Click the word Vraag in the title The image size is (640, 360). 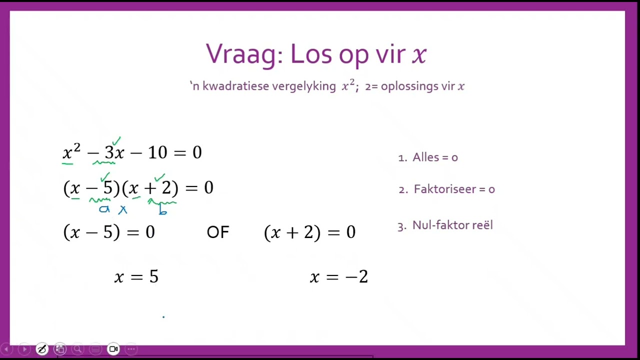[x=241, y=54]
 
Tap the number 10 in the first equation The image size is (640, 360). [x=157, y=152]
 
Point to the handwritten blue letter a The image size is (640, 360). [x=104, y=209]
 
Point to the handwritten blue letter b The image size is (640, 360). [x=162, y=210]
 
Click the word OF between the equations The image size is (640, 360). [x=217, y=232]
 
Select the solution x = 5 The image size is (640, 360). [x=136, y=276]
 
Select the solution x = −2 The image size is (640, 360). [x=339, y=276]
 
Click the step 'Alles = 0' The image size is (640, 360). [x=434, y=157]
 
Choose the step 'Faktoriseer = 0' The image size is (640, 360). [x=453, y=189]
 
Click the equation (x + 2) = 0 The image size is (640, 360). [x=309, y=232]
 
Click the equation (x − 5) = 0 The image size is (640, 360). [x=109, y=232]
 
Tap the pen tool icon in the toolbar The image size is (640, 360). [x=42, y=349]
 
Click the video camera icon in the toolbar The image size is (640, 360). [x=113, y=349]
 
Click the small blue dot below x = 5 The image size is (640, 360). [x=163, y=316]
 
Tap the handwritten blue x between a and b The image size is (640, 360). [x=122, y=210]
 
